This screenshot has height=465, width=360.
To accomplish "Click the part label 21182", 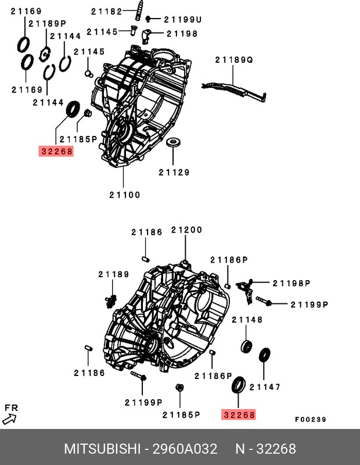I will (x=105, y=10).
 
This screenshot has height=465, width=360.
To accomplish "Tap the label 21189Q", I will (x=233, y=59).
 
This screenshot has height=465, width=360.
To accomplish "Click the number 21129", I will (x=174, y=172).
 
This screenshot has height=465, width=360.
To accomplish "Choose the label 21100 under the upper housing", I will (x=125, y=195).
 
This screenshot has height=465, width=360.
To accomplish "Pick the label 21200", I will (x=186, y=230).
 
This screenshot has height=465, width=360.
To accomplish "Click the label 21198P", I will (x=292, y=283).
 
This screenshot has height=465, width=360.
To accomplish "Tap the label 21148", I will (x=247, y=320).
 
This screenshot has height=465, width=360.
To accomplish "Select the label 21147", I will (x=265, y=387).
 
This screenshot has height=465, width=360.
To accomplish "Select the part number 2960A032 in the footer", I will (x=184, y=449).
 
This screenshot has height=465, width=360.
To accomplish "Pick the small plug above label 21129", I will (x=173, y=143).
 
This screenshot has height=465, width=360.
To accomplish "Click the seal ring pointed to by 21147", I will (x=265, y=355).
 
